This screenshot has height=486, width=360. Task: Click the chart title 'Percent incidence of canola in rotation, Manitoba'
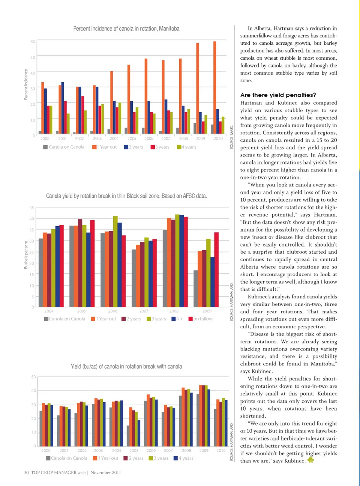(x=126, y=29)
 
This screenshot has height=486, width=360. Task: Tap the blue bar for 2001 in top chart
(x=63, y=107)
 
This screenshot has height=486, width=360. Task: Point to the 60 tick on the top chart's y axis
(x=33, y=42)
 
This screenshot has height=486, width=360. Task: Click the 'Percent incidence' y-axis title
(x=26, y=84)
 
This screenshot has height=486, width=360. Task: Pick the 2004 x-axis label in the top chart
(x=114, y=138)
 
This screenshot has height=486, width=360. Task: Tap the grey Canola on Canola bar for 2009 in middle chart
(x=196, y=288)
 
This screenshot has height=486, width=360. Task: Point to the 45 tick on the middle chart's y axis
(x=31, y=208)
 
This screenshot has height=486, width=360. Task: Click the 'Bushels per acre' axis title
(x=26, y=255)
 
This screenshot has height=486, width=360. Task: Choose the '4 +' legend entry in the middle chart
(x=177, y=319)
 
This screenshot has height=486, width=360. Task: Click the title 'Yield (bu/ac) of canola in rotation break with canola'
(x=126, y=367)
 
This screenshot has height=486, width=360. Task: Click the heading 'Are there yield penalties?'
(x=278, y=95)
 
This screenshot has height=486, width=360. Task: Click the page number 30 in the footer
(x=26, y=472)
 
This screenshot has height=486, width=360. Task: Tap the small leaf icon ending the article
(x=310, y=460)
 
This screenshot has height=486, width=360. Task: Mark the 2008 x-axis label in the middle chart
(x=174, y=311)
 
